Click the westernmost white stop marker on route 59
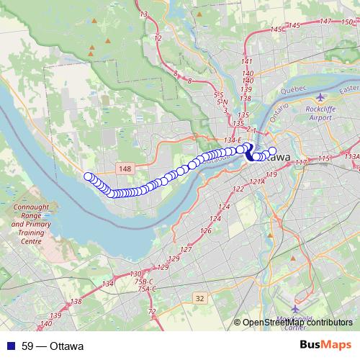tap(89, 176)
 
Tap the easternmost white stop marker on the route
tap(272, 151)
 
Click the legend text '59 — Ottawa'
tap(52, 346)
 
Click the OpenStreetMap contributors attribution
tap(297, 323)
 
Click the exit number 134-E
tap(233, 140)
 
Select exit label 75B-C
tap(145, 281)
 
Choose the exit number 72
tap(151, 311)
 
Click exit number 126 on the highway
tap(206, 231)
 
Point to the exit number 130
tap(136, 274)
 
